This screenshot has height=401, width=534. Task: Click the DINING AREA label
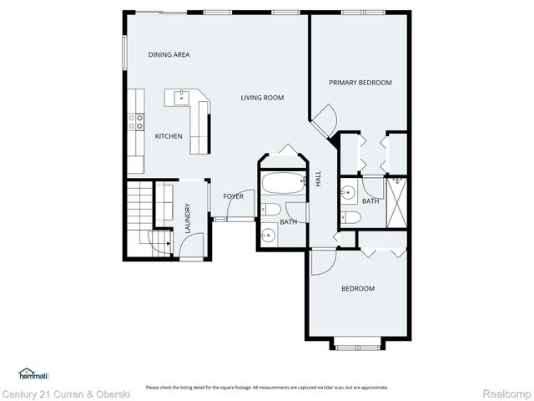click(x=169, y=55)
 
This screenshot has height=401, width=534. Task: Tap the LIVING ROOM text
click(x=262, y=98)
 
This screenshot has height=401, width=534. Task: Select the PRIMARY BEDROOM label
click(x=360, y=83)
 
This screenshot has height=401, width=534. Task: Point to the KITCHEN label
click(x=169, y=136)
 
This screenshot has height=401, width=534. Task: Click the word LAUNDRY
click(x=188, y=219)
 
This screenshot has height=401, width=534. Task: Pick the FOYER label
click(x=234, y=196)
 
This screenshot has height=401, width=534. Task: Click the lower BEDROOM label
click(x=358, y=289)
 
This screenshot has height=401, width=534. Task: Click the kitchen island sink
click(x=180, y=98)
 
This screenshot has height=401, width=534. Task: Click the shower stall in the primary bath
click(x=396, y=200)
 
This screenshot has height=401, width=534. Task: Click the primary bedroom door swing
click(x=325, y=121)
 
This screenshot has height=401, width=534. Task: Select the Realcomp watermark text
click(x=506, y=393)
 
